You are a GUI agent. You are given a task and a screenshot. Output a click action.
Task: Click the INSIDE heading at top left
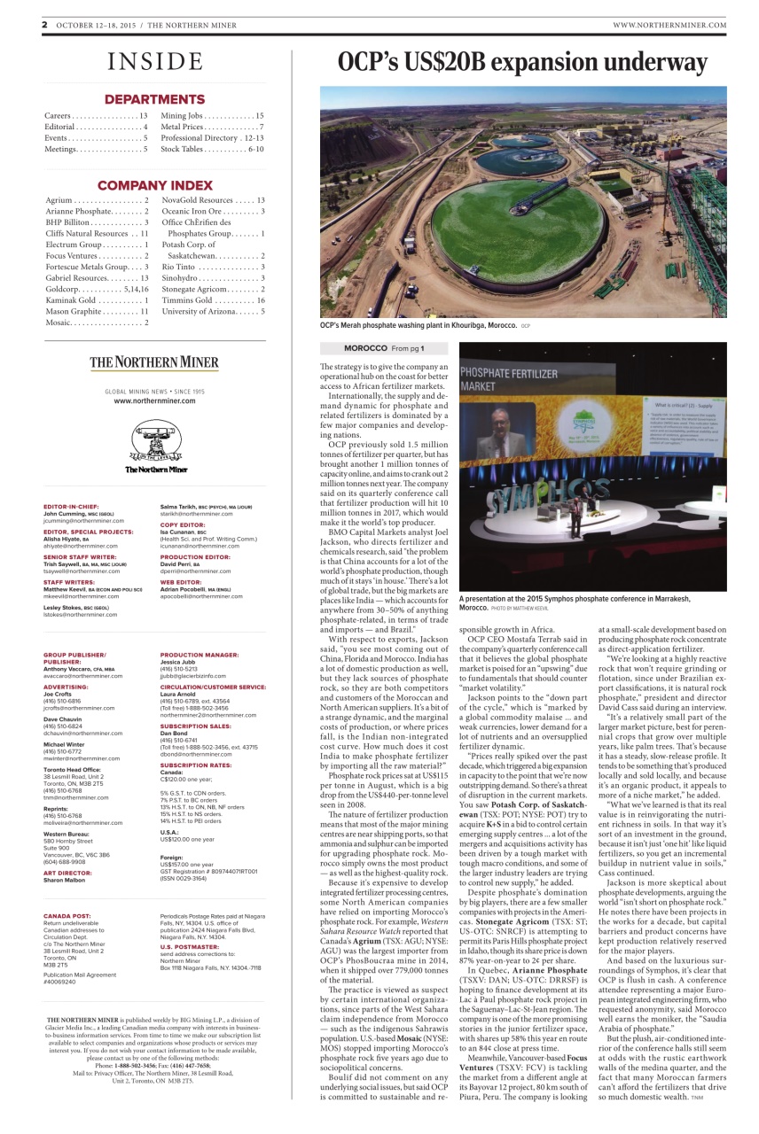(155, 61)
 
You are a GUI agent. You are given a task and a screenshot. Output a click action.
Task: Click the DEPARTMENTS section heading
(155, 99)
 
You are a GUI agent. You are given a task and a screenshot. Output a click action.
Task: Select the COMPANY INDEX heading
(155, 185)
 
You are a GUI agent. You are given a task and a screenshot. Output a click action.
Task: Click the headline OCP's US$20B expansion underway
(521, 63)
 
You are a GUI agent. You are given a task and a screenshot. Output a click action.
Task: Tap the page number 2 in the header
(43, 25)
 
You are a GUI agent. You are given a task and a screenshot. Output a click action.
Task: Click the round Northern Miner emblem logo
(155, 439)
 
